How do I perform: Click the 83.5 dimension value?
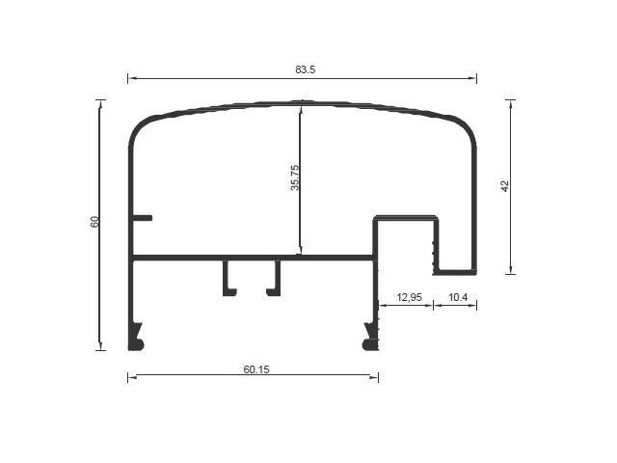306,69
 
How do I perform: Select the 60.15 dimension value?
256,369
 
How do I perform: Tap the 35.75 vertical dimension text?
295,177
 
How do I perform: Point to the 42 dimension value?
505,186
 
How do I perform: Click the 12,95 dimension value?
409,297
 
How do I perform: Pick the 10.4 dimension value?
458,297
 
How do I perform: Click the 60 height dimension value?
94,222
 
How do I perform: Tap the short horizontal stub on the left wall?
142,218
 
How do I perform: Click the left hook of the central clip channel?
229,278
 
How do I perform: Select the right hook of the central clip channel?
274,278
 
